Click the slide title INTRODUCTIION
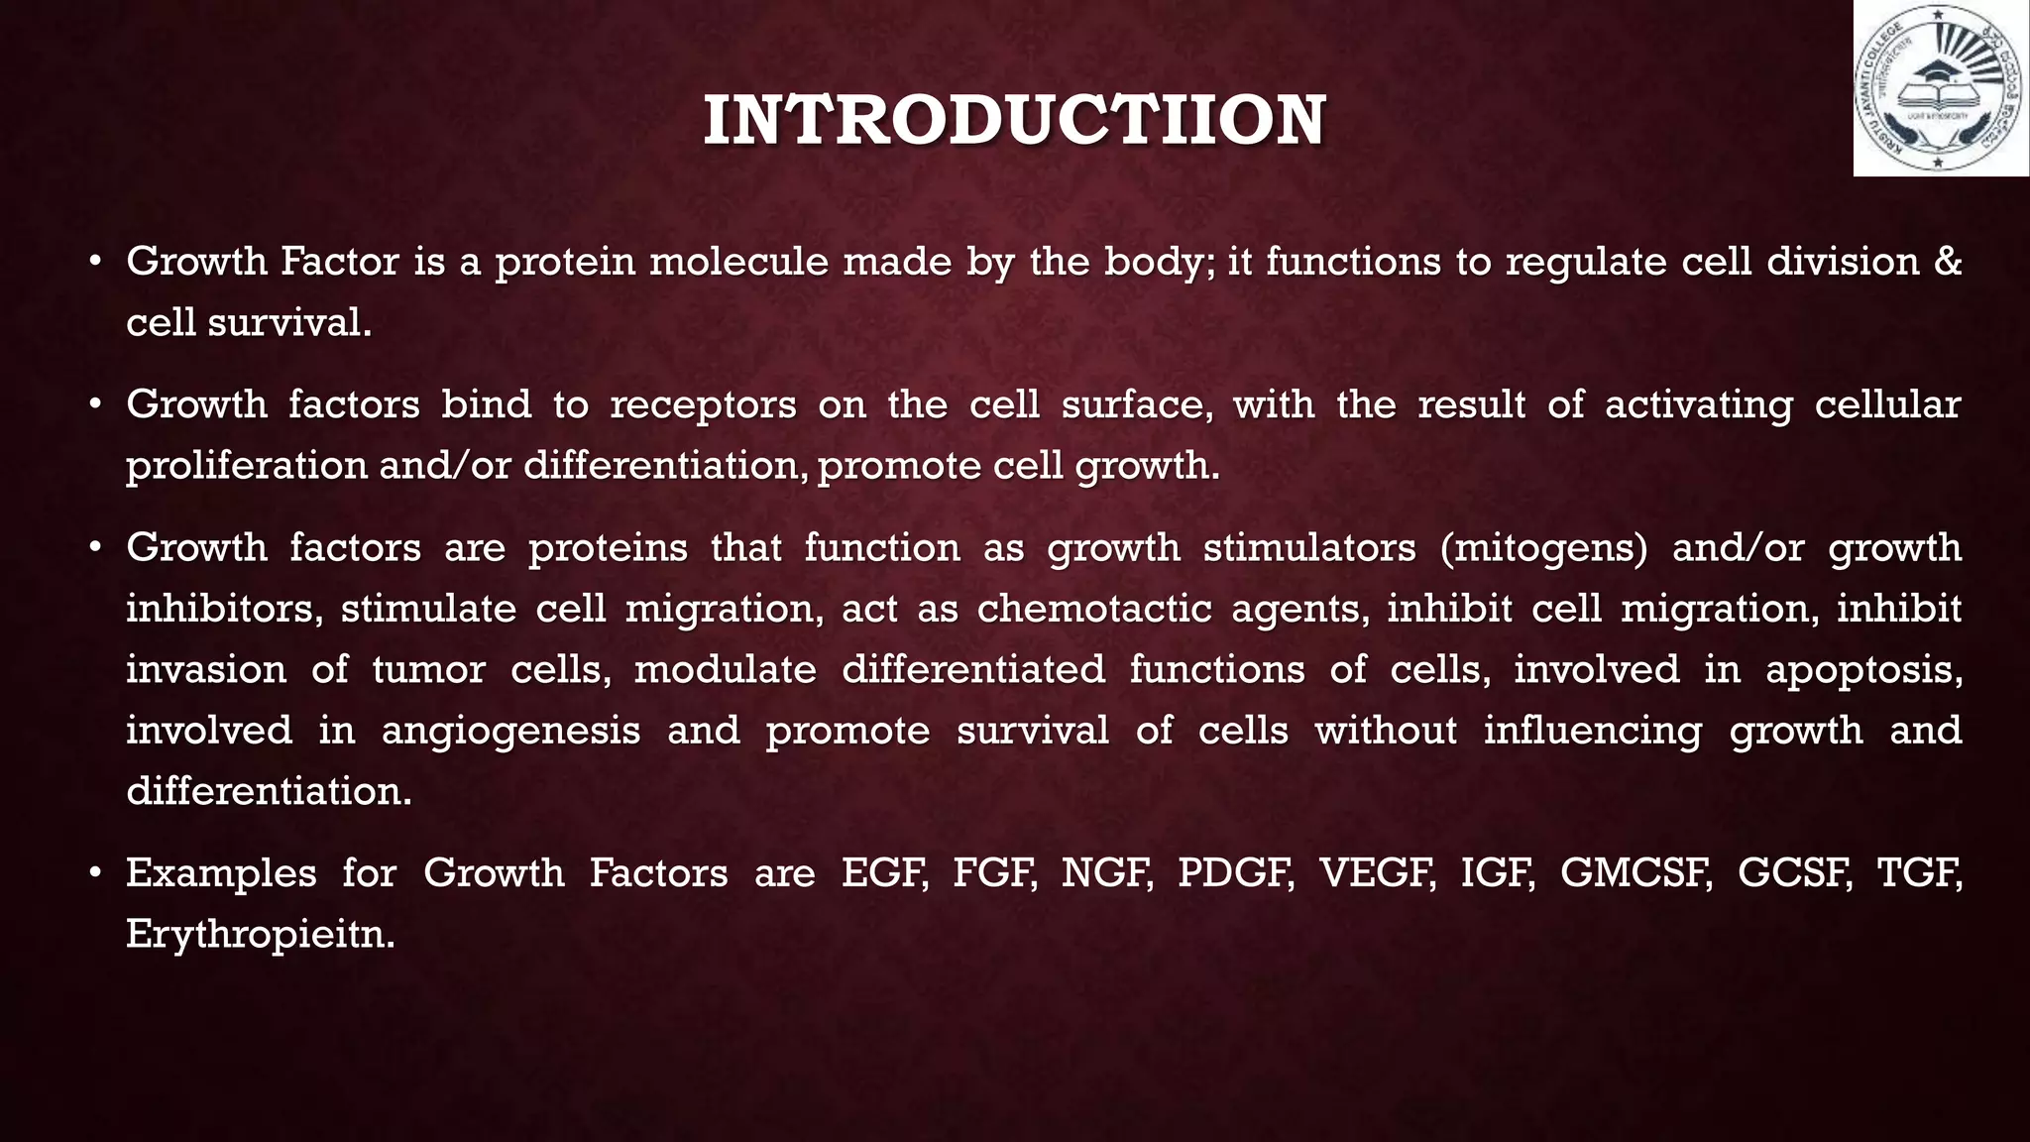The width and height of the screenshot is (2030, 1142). [x=1014, y=121]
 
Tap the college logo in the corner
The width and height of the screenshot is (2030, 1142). [x=1940, y=88]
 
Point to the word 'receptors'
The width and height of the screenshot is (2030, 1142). [x=703, y=404]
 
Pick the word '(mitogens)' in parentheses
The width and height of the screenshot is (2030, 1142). [x=1543, y=548]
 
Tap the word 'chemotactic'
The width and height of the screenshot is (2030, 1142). [x=1094, y=609]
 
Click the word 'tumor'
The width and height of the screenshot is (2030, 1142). [x=429, y=670]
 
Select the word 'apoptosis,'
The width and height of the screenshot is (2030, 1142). [x=1863, y=670]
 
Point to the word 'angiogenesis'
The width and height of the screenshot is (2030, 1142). [x=511, y=732]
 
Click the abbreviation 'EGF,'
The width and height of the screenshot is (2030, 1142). [x=885, y=873]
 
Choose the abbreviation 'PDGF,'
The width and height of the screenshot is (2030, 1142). [x=1236, y=873]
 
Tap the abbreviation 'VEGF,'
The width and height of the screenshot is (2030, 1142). [x=1378, y=873]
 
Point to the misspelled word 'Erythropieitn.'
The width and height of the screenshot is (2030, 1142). [x=261, y=935]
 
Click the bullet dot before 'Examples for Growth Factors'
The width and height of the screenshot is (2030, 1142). [x=95, y=874]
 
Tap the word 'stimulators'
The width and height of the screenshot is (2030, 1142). [x=1309, y=548]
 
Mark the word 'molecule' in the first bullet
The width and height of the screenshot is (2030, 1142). [x=737, y=262]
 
